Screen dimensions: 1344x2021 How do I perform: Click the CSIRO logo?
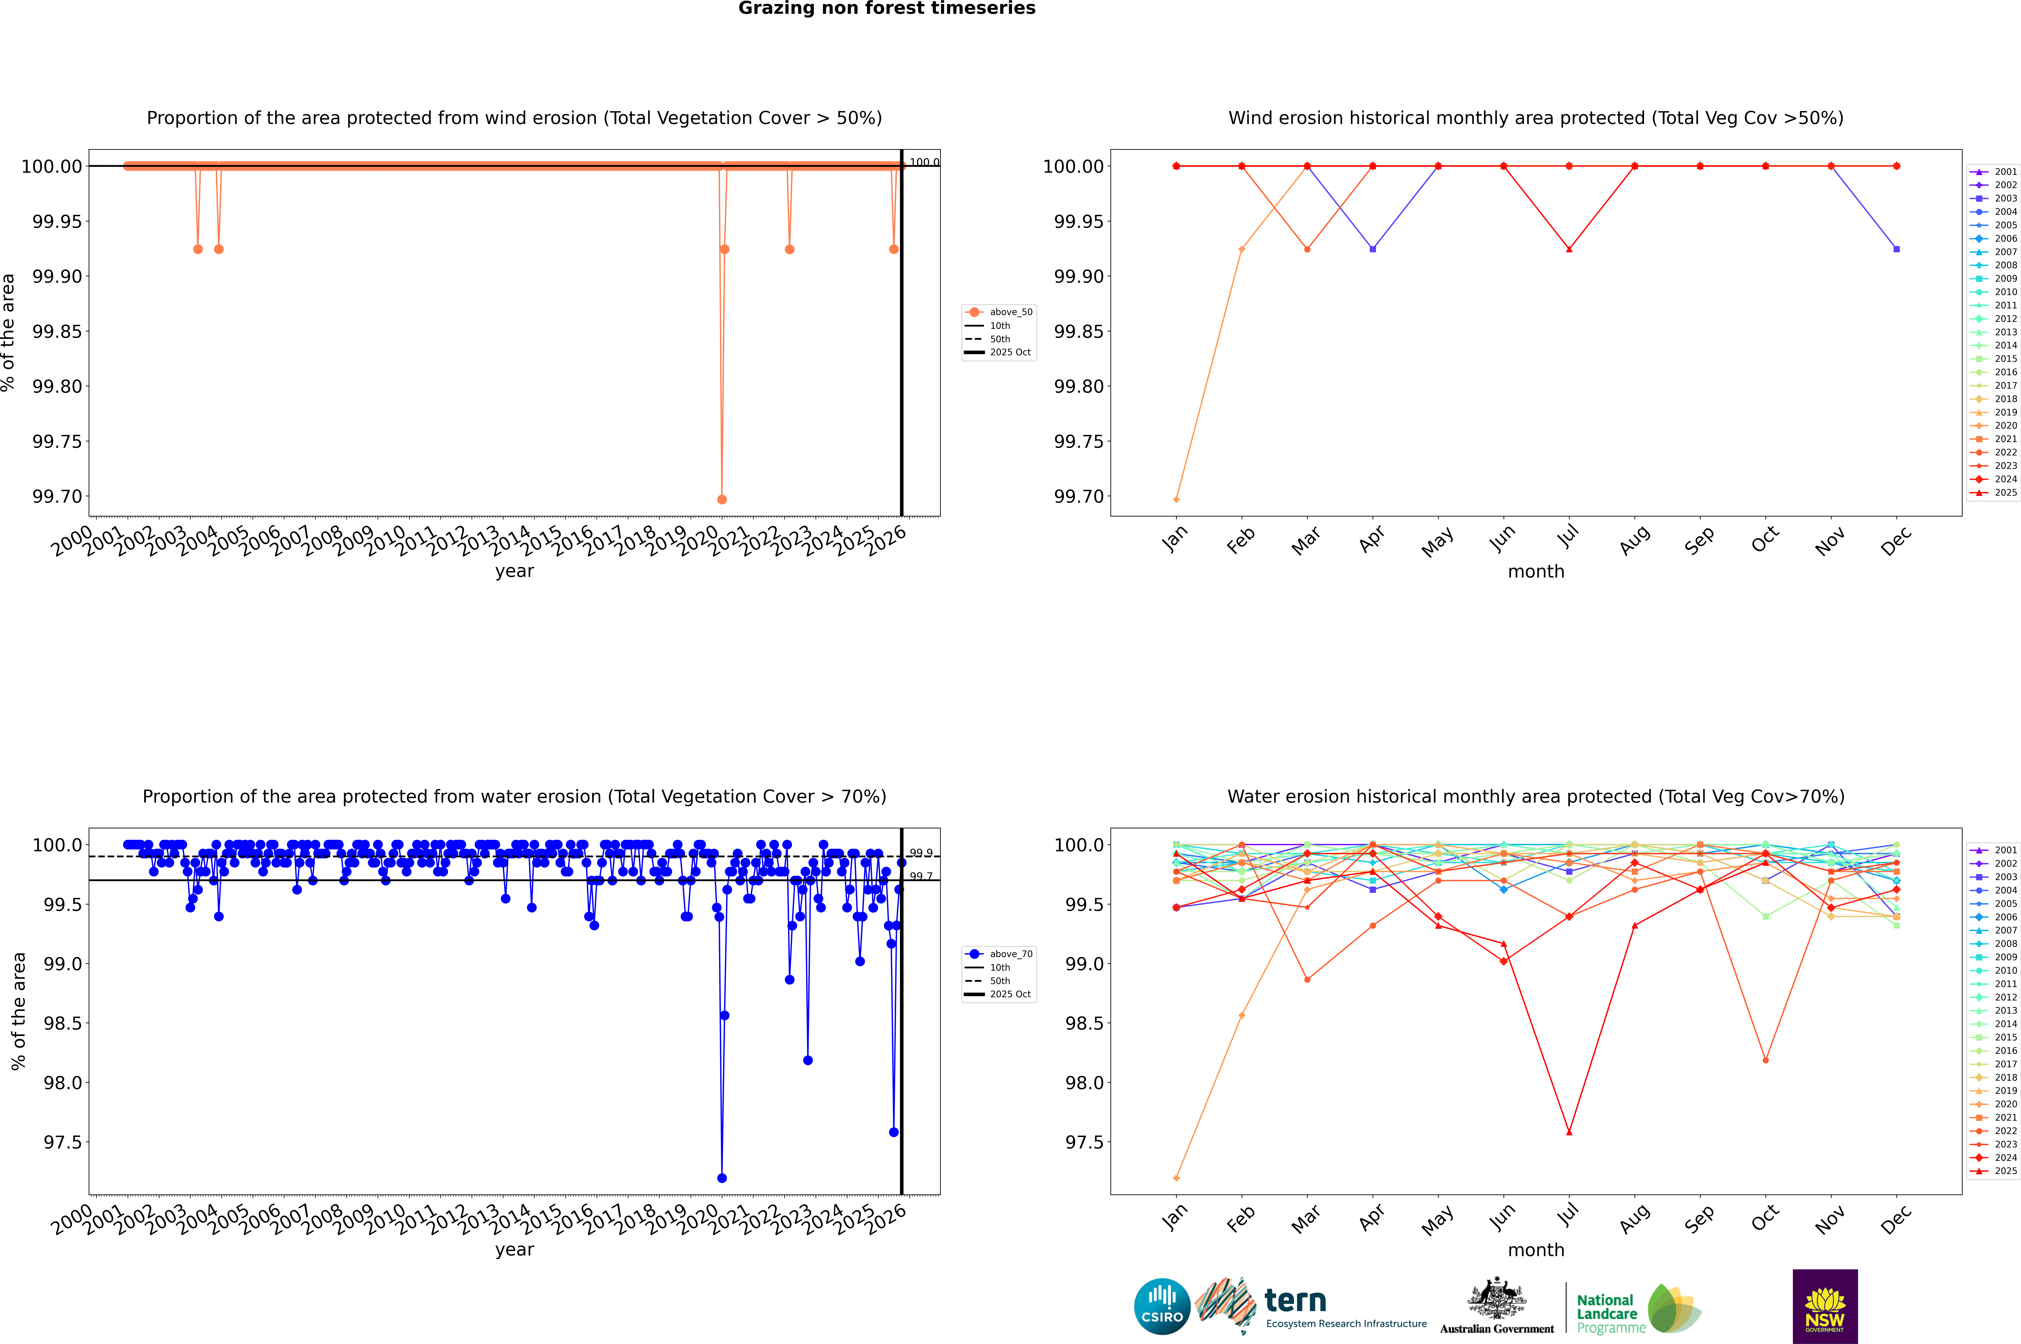1162,1306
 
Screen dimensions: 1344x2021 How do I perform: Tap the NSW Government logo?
1825,1306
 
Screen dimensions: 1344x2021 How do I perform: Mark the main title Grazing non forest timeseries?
887,9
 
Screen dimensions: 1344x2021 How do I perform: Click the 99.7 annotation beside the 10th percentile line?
921,876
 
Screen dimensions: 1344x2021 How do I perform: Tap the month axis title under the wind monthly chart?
1536,572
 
